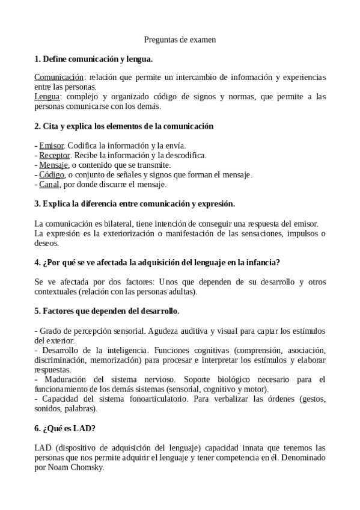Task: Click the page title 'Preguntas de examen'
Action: tap(180, 40)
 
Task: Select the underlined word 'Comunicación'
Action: tap(58, 78)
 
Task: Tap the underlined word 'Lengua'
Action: tap(47, 96)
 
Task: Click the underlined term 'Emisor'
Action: tap(52, 146)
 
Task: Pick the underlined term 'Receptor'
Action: tap(55, 155)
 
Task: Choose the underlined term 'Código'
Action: tap(52, 174)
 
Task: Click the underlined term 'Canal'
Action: tap(49, 184)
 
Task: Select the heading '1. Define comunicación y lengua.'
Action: tap(94, 59)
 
